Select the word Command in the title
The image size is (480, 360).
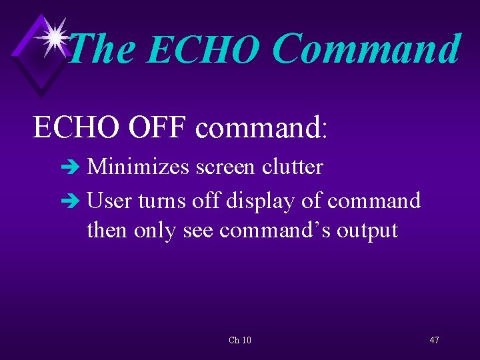coord(366,49)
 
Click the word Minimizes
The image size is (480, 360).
coord(139,167)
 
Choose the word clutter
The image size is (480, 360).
coord(292,167)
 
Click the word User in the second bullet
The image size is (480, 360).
coord(109,200)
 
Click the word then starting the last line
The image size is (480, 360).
coord(107,230)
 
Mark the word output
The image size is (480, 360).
coord(367,231)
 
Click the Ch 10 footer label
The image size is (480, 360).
coord(240,340)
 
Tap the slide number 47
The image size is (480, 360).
coord(434,340)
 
